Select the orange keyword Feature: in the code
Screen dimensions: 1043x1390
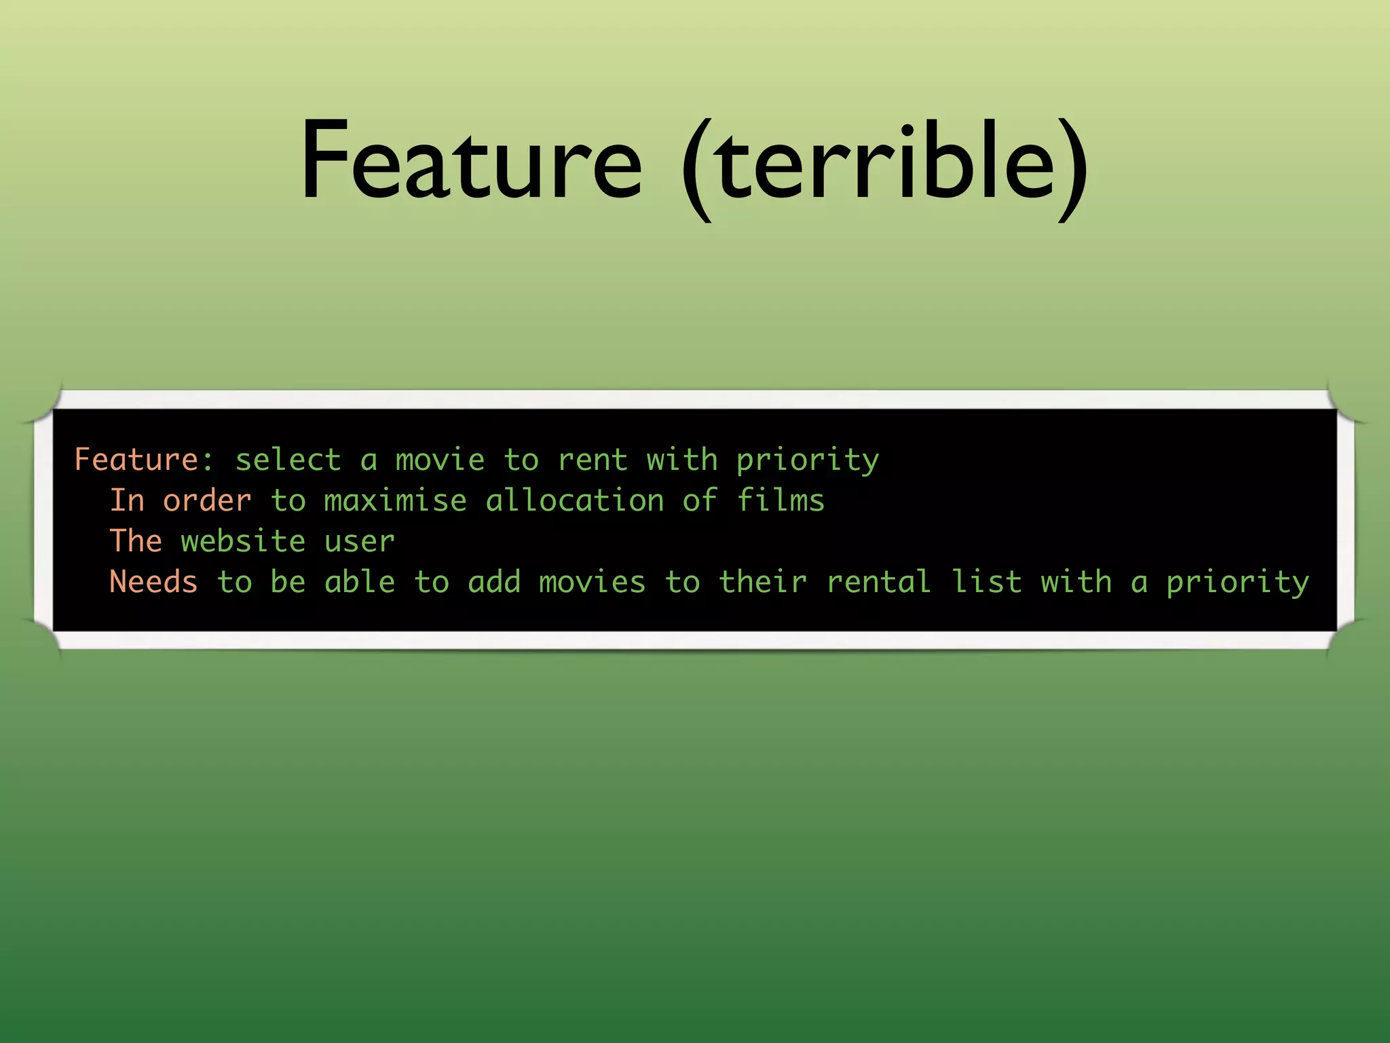click(143, 460)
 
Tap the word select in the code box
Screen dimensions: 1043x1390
click(288, 460)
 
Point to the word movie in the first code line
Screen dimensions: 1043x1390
click(440, 460)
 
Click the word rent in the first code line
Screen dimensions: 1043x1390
click(593, 460)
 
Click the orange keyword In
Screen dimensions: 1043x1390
click(128, 500)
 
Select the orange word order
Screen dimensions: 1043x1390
click(207, 500)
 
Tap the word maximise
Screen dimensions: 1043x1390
click(395, 500)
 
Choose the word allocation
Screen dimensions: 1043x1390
click(575, 500)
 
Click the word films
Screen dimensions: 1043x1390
click(781, 500)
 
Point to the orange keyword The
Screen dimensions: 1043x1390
click(136, 541)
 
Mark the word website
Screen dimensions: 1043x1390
click(243, 541)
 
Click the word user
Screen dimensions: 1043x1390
click(359, 541)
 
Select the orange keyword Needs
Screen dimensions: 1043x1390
click(153, 582)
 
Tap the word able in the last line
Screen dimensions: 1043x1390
click(359, 582)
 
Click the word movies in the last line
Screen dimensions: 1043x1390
click(592, 582)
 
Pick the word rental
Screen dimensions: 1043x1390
click(878, 582)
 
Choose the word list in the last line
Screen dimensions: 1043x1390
click(986, 582)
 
